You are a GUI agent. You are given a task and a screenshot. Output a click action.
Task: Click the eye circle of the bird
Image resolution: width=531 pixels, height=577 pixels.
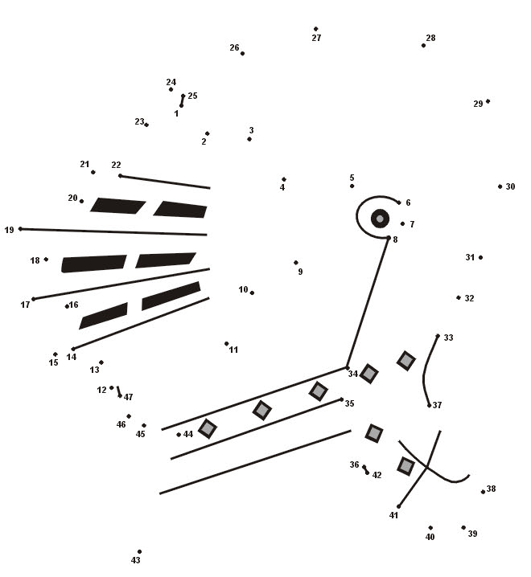pos(380,219)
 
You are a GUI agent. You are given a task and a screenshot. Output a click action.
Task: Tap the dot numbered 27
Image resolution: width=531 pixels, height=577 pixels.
pos(316,29)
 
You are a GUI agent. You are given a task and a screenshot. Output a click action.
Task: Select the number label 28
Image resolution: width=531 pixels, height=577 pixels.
pos(430,38)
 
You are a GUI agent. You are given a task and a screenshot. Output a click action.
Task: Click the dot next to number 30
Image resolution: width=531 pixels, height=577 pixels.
pos(500,186)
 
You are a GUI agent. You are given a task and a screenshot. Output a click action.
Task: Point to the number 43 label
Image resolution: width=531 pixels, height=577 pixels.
pos(136,560)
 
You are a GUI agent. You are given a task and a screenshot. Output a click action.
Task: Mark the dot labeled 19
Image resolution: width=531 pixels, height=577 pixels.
pos(20,229)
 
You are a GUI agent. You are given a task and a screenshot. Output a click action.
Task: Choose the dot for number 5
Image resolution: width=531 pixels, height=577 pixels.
pos(352,186)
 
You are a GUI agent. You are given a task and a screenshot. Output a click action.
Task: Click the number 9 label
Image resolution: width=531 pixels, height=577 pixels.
pos(300,272)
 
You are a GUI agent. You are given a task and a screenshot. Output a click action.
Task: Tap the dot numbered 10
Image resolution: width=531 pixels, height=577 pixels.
pos(252,293)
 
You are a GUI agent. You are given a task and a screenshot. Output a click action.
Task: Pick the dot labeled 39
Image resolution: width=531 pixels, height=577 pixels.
pos(463,528)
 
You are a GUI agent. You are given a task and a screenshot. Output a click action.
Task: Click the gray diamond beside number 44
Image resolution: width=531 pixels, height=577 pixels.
pos(208,428)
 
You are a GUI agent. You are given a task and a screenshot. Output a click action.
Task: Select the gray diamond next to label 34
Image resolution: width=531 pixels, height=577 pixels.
pos(368,374)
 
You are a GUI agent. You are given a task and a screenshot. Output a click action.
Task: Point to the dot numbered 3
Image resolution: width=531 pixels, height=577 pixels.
pos(249,139)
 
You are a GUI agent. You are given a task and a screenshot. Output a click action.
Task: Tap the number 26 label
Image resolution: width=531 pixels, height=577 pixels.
pos(234,47)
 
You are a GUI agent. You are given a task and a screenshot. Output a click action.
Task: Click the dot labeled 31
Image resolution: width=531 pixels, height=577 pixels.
pos(480,258)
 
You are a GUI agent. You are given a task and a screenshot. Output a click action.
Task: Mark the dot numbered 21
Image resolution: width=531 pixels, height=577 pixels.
pos(93,172)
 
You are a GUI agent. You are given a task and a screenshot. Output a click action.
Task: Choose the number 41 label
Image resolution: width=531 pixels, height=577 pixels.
pos(393,516)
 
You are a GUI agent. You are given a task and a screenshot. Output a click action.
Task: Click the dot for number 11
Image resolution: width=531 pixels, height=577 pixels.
pos(227,344)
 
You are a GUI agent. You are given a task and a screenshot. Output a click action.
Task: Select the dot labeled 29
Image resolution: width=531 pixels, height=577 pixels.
pos(488,101)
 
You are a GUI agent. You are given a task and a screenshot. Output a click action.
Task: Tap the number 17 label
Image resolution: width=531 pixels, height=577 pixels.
pos(25,305)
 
